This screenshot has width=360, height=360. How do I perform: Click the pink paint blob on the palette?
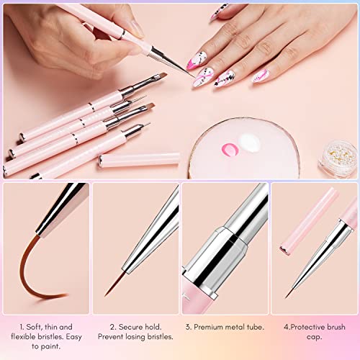pos(230,149)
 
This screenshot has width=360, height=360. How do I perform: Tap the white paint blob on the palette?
pos(250,142)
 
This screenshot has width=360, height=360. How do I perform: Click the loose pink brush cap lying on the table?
pos(139,160)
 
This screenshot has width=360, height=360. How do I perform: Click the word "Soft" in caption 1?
pos(35,327)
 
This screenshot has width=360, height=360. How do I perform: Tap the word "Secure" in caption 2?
pos(130,327)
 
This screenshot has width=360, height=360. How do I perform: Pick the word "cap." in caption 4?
pos(314,337)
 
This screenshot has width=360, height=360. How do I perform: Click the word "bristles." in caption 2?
pos(161,337)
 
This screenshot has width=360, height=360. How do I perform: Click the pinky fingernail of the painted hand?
pos(260,76)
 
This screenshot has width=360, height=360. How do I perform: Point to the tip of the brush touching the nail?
pos(195,78)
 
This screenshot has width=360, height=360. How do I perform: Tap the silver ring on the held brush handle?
pos(122,35)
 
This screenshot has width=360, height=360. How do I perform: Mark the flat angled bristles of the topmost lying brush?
pos(160,77)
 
